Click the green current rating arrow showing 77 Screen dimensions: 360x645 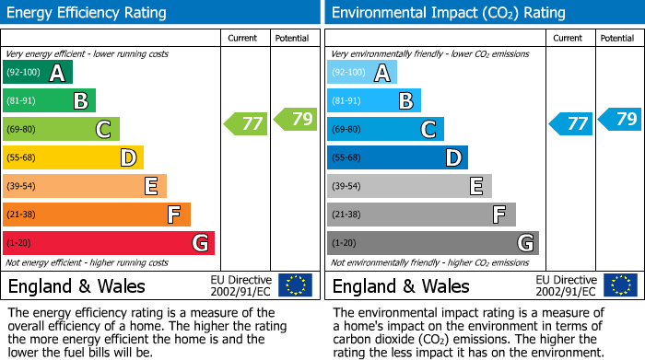(x=246, y=123)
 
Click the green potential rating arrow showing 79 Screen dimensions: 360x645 (x=295, y=119)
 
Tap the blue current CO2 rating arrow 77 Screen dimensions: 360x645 (x=570, y=123)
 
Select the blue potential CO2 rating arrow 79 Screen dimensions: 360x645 (x=619, y=119)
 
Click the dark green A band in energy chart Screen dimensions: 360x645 (x=38, y=73)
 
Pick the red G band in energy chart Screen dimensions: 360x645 (x=109, y=243)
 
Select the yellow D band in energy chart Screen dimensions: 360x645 (x=74, y=158)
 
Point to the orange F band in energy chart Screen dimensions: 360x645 (x=97, y=215)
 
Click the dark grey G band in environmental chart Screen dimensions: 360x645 (x=432, y=243)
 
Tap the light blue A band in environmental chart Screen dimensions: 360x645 (x=362, y=73)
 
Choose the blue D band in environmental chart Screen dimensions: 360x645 (x=397, y=158)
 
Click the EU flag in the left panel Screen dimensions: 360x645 (x=295, y=285)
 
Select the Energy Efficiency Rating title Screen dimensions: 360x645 (x=88, y=13)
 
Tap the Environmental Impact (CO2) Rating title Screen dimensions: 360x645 (x=448, y=13)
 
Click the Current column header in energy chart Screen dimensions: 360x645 (x=244, y=38)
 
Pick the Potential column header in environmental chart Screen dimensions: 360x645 (x=617, y=38)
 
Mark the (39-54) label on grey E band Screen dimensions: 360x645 (x=346, y=187)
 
